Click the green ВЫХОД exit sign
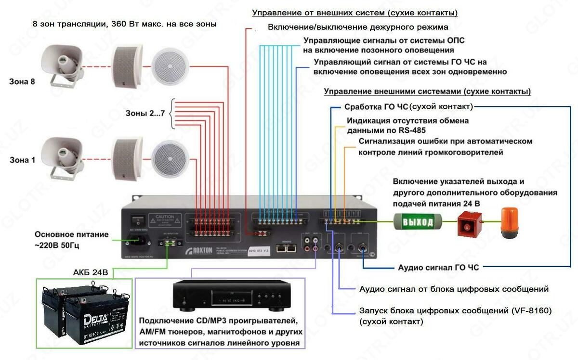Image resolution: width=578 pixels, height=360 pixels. (418, 222)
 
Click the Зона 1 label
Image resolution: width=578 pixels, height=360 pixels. (22, 160)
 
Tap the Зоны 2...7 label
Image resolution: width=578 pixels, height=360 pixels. (145, 114)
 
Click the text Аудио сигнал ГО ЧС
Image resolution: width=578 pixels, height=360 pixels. (438, 267)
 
